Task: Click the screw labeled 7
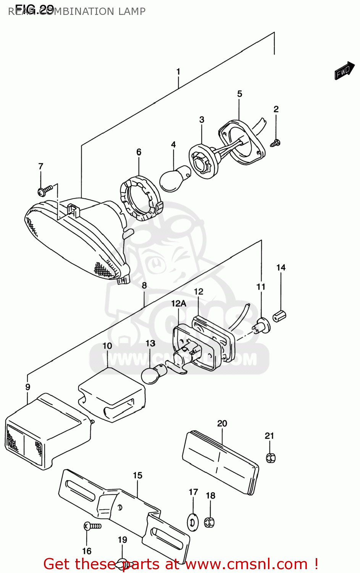point(45,190)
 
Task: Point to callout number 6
point(139,152)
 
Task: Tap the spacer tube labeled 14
point(279,316)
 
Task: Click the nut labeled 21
point(270,457)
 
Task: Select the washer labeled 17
point(193,522)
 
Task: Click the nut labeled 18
point(210,522)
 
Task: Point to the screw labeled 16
point(92,526)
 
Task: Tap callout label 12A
point(178,303)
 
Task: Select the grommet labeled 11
point(262,325)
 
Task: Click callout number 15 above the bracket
point(137,475)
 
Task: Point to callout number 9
point(27,387)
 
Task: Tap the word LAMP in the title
point(131,11)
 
